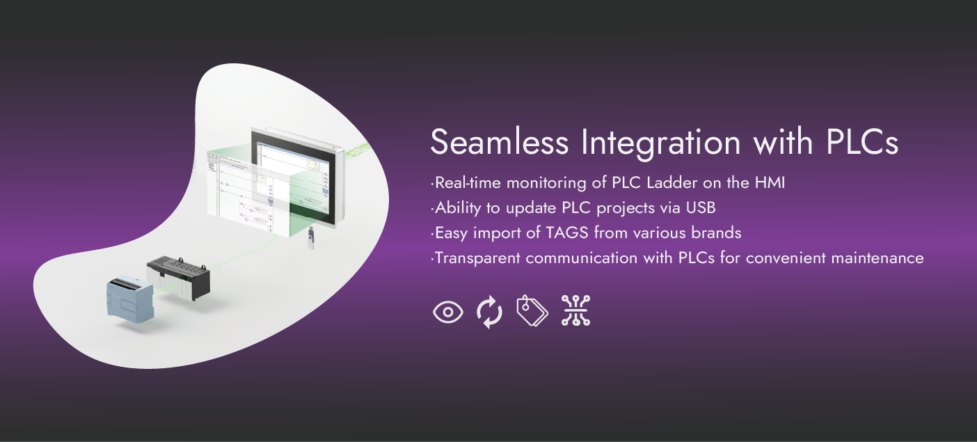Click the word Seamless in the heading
[500, 142]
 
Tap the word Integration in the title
[661, 144]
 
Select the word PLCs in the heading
[862, 142]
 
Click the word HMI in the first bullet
[770, 182]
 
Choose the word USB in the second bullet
[701, 207]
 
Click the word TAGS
[567, 232]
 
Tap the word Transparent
[477, 258]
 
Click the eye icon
[448, 312]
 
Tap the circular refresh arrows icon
[489, 312]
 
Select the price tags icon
[532, 310]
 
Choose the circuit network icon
[575, 310]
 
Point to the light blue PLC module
[130, 299]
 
